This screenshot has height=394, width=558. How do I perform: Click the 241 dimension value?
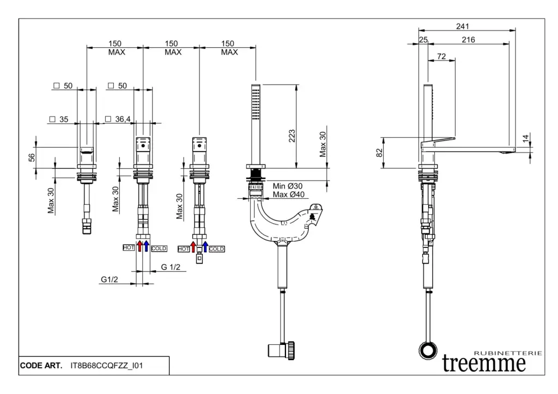click(464, 26)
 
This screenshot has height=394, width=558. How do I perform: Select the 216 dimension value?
click(468, 40)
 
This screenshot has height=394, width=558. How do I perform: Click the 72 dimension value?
click(441, 56)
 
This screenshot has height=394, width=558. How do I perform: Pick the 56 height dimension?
click(32, 157)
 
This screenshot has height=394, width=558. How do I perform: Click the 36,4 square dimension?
click(121, 119)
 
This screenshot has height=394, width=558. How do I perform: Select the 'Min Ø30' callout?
click(287, 186)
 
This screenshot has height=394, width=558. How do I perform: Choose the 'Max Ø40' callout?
click(288, 195)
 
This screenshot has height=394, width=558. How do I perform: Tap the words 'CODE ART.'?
click(41, 365)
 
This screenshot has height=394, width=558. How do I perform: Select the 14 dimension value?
click(525, 140)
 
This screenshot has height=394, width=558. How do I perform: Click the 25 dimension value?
click(423, 40)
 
